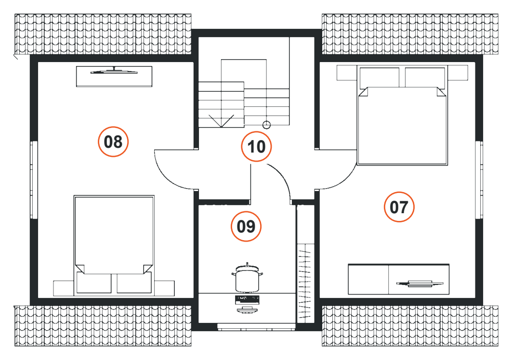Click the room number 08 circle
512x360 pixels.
pos(113,141)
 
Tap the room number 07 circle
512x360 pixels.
pos(399,207)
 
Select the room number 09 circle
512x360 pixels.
pos(246,226)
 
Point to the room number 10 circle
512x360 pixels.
pos(256,146)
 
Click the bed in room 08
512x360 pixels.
pos(114,245)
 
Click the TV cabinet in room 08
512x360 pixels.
pos(114,77)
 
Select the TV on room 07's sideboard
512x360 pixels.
pos(420,283)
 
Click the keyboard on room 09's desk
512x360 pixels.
pos(247,298)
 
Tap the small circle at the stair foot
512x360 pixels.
pos(267,125)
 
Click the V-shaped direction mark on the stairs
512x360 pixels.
pos(222,121)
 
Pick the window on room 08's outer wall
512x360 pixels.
pos(34,180)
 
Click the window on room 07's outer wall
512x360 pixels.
pos(479,180)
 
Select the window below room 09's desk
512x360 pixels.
pos(256,327)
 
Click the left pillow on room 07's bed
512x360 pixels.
pos(380,77)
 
